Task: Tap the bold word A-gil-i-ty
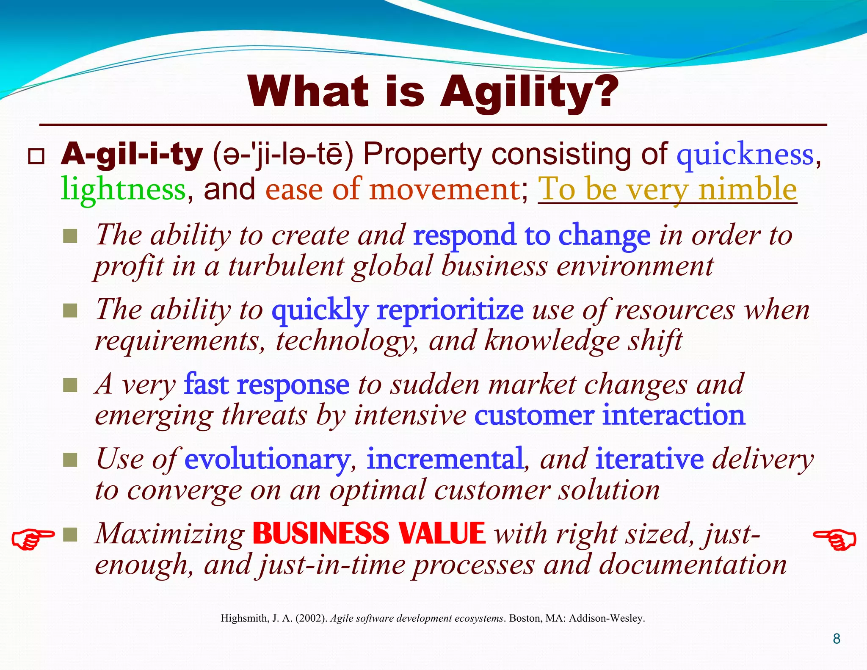[132, 155]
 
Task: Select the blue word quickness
[745, 155]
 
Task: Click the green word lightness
[123, 189]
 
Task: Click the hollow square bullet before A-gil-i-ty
[36, 157]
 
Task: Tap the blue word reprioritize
[450, 310]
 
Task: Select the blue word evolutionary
[267, 459]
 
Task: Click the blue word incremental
[445, 459]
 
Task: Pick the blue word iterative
[649, 459]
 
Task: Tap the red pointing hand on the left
[33, 539]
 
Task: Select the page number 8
[837, 639]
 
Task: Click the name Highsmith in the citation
[244, 618]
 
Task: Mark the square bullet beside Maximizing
[70, 534]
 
